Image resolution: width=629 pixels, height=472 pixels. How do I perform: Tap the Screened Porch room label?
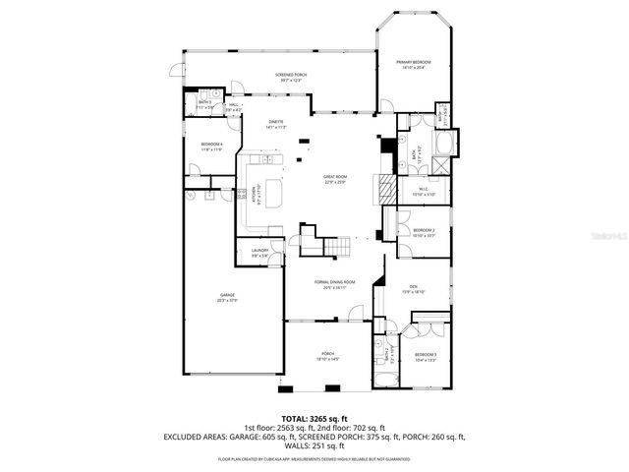pyautogui.click(x=291, y=76)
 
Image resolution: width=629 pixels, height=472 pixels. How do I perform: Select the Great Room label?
pyautogui.click(x=336, y=178)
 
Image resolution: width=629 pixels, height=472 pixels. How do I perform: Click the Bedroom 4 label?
pyautogui.click(x=212, y=146)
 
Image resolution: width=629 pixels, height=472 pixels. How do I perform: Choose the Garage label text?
pyautogui.click(x=227, y=295)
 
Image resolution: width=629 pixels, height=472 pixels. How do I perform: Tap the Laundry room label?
pyautogui.click(x=259, y=251)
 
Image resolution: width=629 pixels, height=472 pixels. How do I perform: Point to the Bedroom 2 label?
pyautogui.click(x=424, y=231)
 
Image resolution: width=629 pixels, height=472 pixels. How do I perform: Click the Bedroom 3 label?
pyautogui.click(x=425, y=354)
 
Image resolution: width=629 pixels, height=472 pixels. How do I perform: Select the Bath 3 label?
pyautogui.click(x=205, y=102)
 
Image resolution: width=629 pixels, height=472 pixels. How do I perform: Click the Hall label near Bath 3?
pyautogui.click(x=234, y=105)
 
